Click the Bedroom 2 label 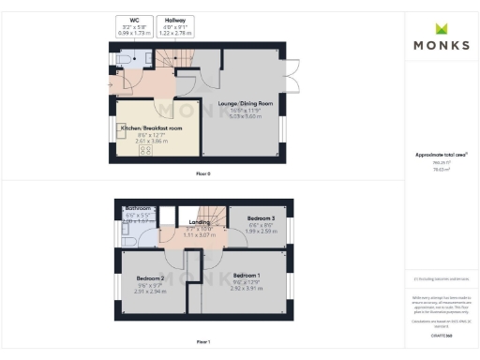click(x=150, y=279)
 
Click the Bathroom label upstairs click(x=138, y=208)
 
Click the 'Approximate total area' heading click(x=440, y=155)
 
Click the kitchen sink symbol click(x=122, y=131)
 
